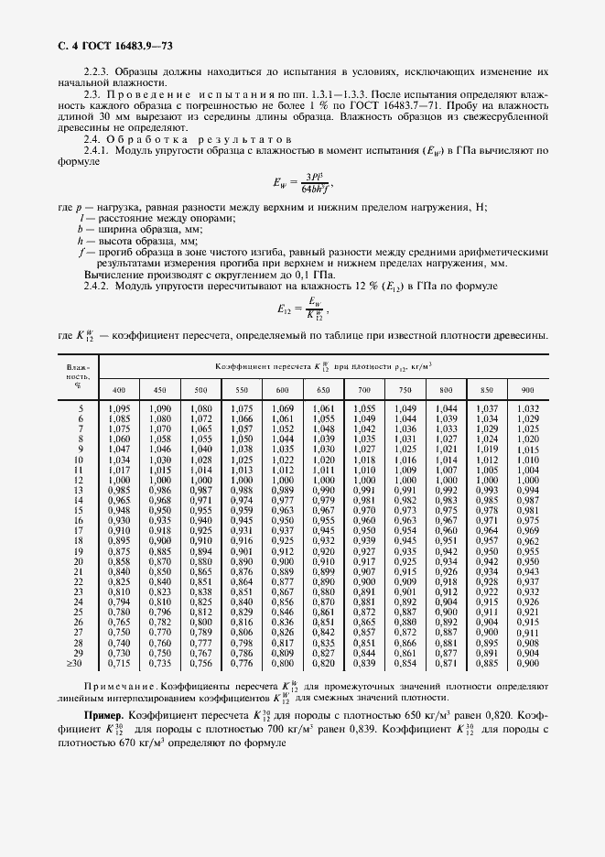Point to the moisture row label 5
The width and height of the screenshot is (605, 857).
point(81,407)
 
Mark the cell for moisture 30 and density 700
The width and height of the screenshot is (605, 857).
point(364,663)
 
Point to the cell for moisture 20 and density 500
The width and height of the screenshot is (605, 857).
point(200,562)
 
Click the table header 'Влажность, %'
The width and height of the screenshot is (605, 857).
point(76,375)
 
